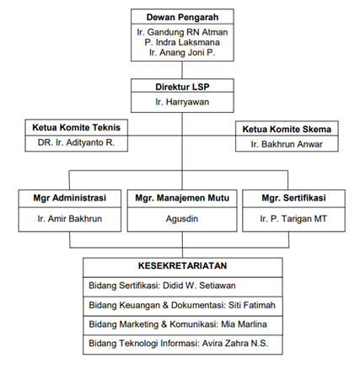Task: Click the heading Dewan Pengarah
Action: point(182,17)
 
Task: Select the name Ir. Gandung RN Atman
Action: point(182,32)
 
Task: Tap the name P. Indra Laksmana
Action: point(182,42)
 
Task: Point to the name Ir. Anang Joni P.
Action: point(182,52)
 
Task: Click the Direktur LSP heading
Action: point(182,87)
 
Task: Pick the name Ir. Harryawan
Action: point(182,102)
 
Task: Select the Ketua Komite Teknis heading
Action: point(77,127)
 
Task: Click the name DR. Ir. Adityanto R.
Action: point(76,142)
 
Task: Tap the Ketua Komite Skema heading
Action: point(287,129)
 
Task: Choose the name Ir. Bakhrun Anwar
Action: point(287,144)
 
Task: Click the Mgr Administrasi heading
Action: point(70,198)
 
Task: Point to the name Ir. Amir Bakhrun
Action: point(70,218)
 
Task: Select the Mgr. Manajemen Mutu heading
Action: point(182,198)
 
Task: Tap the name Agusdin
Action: point(182,219)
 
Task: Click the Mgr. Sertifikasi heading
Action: point(293,198)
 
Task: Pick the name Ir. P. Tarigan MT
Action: point(293,219)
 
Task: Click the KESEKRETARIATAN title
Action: point(183,265)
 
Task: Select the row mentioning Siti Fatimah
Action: point(182,305)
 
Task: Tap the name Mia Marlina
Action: point(244,324)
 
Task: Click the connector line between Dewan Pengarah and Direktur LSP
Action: point(182,70)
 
